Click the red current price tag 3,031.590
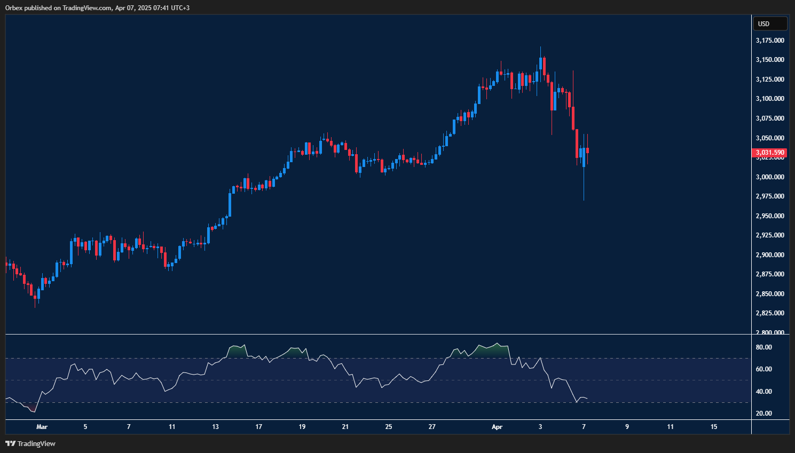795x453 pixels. point(770,153)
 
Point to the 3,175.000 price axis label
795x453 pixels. point(770,41)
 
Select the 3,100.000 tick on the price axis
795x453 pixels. point(770,99)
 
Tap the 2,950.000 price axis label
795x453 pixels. point(770,216)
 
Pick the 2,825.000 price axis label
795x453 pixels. point(770,313)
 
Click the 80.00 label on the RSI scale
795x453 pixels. point(764,347)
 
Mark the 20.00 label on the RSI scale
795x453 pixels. point(764,414)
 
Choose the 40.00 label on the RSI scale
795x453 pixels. point(764,392)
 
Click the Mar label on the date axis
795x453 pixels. point(42,427)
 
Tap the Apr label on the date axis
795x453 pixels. point(497,427)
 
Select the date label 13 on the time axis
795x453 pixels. point(215,427)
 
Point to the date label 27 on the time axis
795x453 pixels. point(432,427)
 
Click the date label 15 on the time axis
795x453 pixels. point(714,427)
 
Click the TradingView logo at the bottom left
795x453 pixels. point(30,443)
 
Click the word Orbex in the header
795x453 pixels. point(13,8)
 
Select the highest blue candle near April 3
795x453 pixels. point(540,63)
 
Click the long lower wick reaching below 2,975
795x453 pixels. point(584,187)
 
